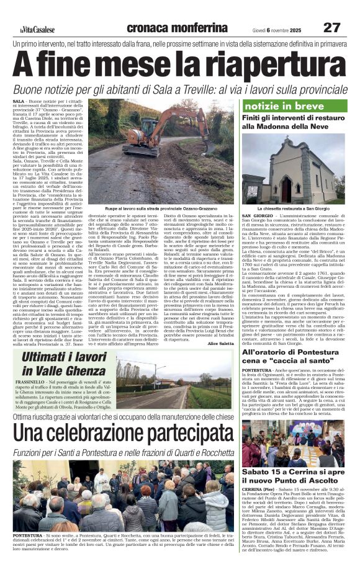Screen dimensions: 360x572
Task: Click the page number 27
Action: pos(332,28)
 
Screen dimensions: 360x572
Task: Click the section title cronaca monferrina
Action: pos(177,28)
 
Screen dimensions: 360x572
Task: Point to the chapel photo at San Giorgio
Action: pos(294,170)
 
